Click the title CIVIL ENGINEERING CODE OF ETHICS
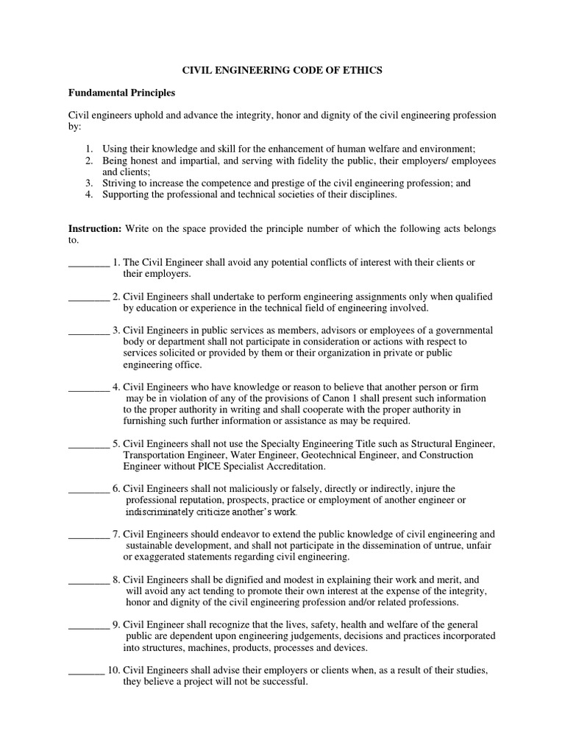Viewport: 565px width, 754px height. (x=282, y=70)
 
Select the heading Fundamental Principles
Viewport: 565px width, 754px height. (x=121, y=94)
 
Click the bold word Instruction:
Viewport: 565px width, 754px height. (x=95, y=229)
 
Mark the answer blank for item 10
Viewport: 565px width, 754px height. (x=86, y=671)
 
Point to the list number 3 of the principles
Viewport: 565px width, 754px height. (x=88, y=183)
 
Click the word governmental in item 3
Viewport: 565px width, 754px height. (x=464, y=331)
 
